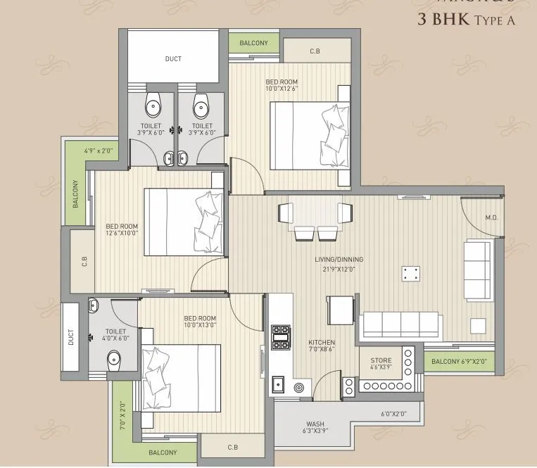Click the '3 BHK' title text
tap(442, 19)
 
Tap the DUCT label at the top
tap(173, 59)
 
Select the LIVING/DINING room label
tap(339, 260)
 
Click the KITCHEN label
tap(321, 343)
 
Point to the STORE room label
tap(381, 360)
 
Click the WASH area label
tap(315, 424)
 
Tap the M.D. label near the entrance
tap(491, 218)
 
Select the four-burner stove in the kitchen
tap(281, 337)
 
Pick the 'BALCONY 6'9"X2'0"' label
tap(459, 362)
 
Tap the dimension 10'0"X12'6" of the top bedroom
tap(282, 89)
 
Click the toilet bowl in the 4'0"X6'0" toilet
tap(115, 360)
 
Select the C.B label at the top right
tap(316, 51)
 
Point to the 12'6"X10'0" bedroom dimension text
tap(121, 233)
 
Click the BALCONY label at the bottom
tap(163, 453)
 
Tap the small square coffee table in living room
tap(410, 274)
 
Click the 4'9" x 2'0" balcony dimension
tap(98, 151)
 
